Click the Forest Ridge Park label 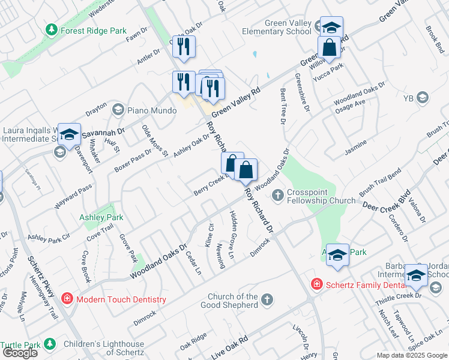(89, 29)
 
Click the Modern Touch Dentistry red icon (67, 299)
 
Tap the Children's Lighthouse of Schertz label (104, 348)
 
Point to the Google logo (20, 353)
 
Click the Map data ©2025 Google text (412, 355)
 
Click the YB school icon (423, 97)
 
